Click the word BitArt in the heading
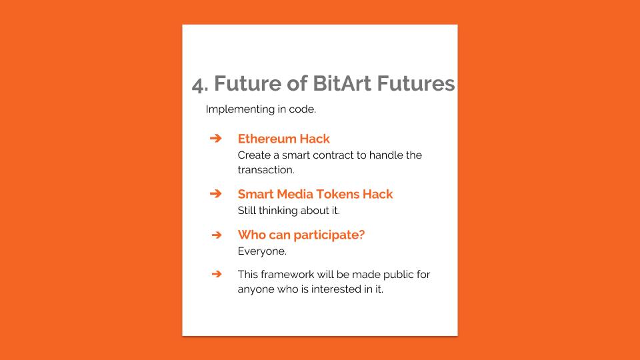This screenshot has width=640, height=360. click(x=342, y=83)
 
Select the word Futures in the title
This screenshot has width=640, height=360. click(x=415, y=83)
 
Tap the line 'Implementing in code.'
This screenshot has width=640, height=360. click(x=261, y=109)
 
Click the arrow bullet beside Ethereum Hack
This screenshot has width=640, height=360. click(x=216, y=139)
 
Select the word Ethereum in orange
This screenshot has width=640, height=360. click(x=267, y=139)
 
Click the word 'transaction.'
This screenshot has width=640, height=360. click(x=266, y=170)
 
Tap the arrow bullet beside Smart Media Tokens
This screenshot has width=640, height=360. click(x=216, y=194)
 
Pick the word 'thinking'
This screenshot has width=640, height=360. click(x=278, y=211)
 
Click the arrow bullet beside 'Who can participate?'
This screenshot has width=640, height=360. click(x=217, y=235)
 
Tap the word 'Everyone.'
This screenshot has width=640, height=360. click(x=262, y=251)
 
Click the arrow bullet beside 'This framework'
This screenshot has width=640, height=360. click(x=217, y=274)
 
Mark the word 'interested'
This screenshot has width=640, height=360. click(x=336, y=289)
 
